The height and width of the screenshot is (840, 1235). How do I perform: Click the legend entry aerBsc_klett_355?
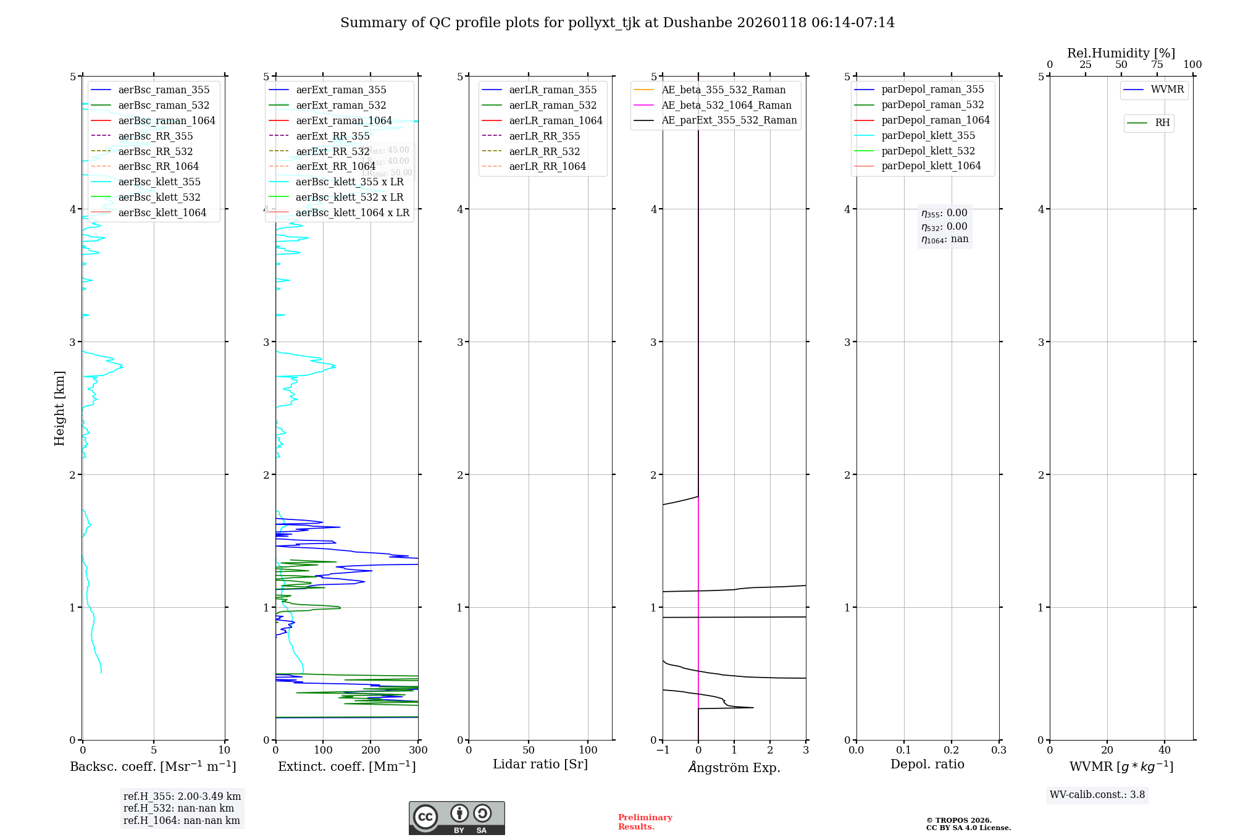159,182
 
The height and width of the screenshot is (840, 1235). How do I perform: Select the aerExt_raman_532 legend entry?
341,106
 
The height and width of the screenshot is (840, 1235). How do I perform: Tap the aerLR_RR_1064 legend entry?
547,167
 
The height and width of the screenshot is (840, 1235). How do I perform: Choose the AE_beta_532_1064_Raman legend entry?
726,106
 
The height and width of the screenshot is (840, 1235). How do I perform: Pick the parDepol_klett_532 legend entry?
928,151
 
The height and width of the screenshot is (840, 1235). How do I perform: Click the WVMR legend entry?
1167,90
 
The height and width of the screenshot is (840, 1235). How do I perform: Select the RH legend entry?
1162,123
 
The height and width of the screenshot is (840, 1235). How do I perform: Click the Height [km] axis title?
59,408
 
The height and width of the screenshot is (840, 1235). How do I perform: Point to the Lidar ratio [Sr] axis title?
540,765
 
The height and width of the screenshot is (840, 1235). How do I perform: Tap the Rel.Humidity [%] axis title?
1121,53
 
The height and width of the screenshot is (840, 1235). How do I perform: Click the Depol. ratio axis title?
927,765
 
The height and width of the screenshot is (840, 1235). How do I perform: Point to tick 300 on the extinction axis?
419,750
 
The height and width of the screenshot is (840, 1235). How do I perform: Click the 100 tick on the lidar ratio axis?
588,750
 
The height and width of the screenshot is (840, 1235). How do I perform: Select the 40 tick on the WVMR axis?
1165,750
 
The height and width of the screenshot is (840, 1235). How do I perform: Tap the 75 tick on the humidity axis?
1157,65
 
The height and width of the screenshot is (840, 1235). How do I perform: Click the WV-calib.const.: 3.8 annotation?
1097,795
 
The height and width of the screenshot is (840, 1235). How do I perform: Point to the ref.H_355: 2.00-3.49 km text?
182,797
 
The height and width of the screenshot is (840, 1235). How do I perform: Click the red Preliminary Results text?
645,822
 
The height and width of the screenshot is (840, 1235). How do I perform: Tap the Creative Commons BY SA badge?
456,818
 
